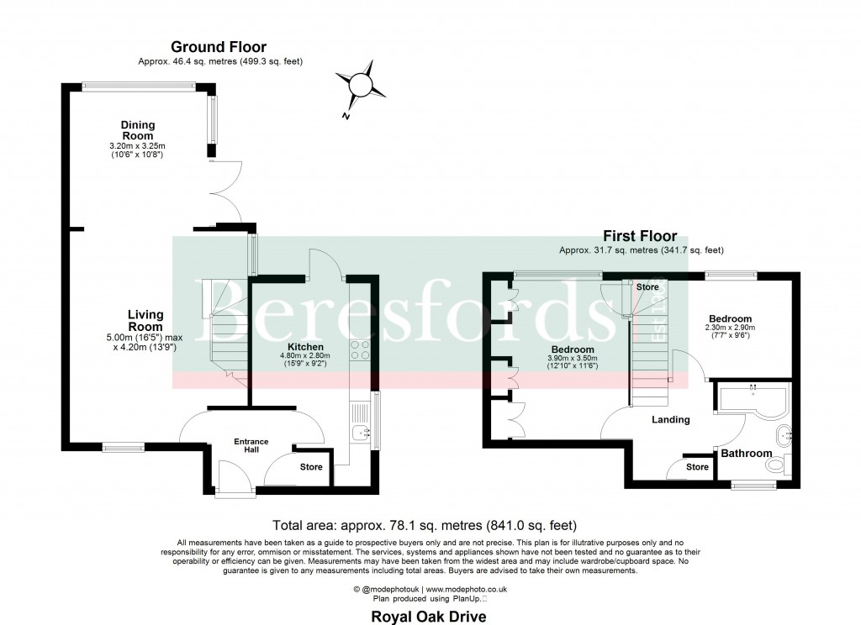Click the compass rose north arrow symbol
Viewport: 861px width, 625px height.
pos(360,86)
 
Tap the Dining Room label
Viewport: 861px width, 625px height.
pos(138,130)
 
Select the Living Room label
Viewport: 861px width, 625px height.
pos(145,320)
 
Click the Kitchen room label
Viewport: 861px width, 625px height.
pos(305,346)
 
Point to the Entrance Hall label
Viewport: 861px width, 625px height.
pos(251,445)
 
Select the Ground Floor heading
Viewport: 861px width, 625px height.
pos(219,47)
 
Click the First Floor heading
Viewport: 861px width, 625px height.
pos(640,238)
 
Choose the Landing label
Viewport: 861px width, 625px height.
pos(671,419)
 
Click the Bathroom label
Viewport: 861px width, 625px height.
pos(746,454)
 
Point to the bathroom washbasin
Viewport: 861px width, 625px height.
pos(784,435)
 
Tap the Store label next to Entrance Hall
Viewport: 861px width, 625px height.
pos(311,467)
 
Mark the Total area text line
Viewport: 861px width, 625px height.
pos(430,525)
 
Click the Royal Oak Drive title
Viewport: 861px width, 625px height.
pos(429,617)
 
